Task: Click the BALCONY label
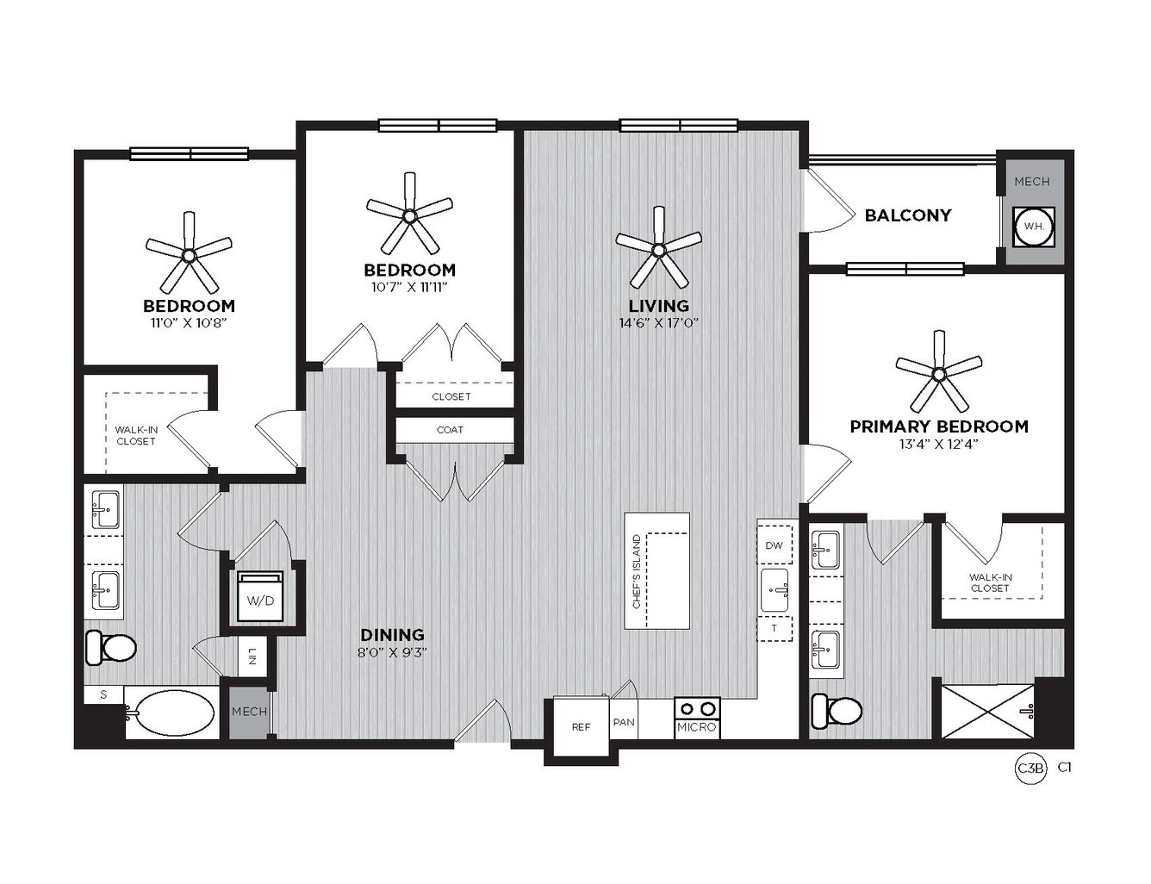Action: point(908,215)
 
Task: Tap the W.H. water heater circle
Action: point(1034,226)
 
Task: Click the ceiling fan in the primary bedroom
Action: point(939,373)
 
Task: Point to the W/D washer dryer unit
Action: point(260,596)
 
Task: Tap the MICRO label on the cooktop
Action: point(696,728)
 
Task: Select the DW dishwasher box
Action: point(775,545)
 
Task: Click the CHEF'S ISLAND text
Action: point(637,571)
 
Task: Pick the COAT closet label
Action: point(450,430)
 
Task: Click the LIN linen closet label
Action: point(252,657)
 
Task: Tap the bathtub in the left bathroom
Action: point(172,712)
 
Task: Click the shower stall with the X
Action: point(986,712)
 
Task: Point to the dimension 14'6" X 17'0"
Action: point(659,322)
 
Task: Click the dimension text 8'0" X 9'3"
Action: point(392,652)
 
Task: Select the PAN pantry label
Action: point(624,722)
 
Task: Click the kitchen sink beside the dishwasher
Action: point(775,590)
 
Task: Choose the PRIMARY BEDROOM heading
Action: point(939,426)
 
